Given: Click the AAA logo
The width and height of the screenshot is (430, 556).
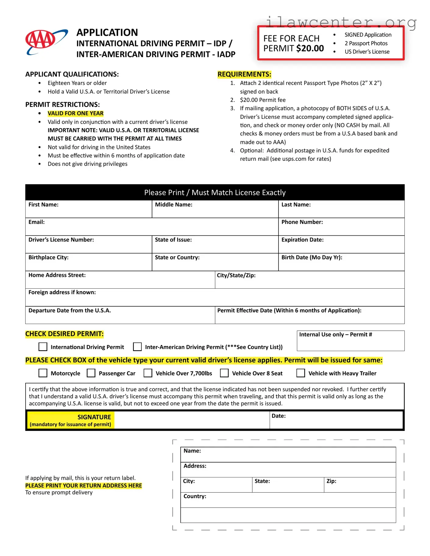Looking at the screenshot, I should pyautogui.click(x=46, y=42).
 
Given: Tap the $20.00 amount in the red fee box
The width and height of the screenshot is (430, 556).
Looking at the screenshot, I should pyautogui.click(x=310, y=48).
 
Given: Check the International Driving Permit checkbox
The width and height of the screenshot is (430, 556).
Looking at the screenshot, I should pyautogui.click(x=43, y=347).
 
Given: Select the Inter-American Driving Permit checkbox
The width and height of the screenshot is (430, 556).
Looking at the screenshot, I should pyautogui.click(x=137, y=347).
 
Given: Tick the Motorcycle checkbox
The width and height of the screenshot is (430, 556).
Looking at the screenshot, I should pyautogui.click(x=43, y=373).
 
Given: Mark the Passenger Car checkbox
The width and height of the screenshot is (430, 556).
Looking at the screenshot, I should pyautogui.click(x=91, y=373).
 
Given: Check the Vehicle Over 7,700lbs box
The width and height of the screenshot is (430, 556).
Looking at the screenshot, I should pyautogui.click(x=148, y=373).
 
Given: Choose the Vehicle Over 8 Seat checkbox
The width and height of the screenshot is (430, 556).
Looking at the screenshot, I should pyautogui.click(x=224, y=373).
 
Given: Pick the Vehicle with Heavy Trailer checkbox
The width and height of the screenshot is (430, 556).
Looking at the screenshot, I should pyautogui.click(x=301, y=373).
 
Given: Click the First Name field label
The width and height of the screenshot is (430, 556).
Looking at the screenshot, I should pyautogui.click(x=43, y=205).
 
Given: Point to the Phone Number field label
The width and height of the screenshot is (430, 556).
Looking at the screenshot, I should pyautogui.click(x=302, y=222).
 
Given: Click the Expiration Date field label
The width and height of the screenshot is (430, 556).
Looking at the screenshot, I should pyautogui.click(x=302, y=240).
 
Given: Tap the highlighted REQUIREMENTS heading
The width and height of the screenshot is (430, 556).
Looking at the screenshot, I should pyautogui.click(x=244, y=74).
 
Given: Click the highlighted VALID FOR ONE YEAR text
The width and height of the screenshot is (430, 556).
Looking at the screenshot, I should pyautogui.click(x=76, y=113).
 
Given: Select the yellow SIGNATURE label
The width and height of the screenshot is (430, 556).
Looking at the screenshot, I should pyautogui.click(x=94, y=417).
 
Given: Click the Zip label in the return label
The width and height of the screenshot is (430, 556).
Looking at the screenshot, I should pyautogui.click(x=331, y=481).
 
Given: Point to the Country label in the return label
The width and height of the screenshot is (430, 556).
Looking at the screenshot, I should pyautogui.click(x=195, y=496).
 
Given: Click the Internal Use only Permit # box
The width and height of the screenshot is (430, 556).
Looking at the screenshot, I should pyautogui.click(x=350, y=341).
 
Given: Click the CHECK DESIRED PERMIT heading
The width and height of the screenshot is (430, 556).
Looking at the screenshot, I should pyautogui.click(x=64, y=334).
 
